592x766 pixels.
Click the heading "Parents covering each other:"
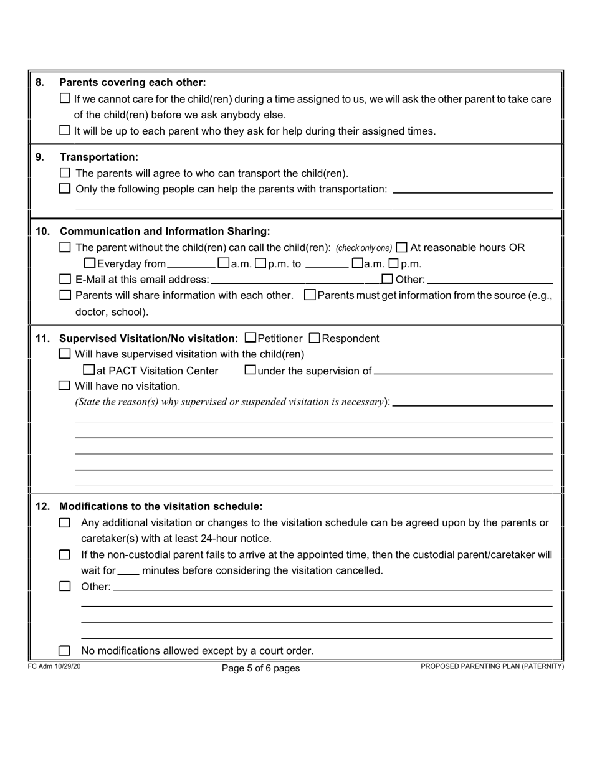(132, 82)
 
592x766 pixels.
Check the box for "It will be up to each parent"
(65, 131)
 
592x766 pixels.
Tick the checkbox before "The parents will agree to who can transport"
(65, 173)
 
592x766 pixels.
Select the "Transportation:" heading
(98, 157)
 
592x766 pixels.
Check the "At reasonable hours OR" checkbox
(402, 247)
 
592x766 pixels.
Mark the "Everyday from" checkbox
(89, 263)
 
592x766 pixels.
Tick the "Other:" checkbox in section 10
(387, 279)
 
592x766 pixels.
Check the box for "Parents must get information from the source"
(310, 295)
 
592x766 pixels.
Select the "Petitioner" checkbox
(251, 338)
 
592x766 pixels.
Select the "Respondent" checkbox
(315, 338)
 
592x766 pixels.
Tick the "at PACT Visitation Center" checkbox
(89, 371)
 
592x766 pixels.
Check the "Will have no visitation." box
(65, 386)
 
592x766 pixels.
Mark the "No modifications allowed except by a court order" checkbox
(65, 651)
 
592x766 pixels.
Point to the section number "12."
(42, 506)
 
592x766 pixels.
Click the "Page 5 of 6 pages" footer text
(260, 668)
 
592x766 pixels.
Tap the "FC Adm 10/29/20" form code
(54, 666)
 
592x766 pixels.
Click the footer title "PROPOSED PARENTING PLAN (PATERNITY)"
(492, 666)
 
